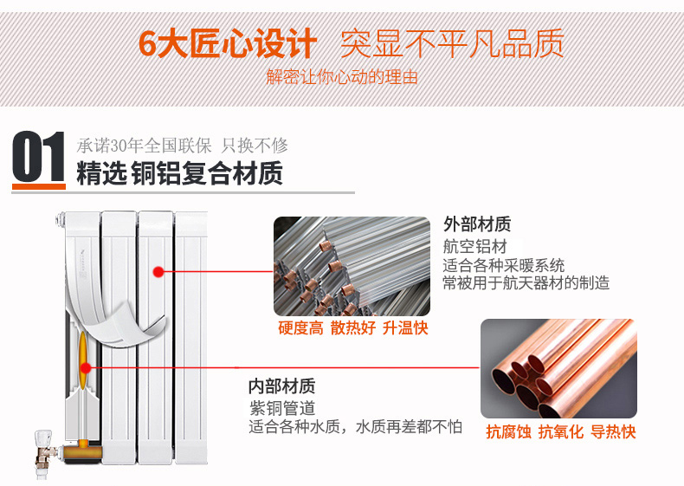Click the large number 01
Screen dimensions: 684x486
(39, 156)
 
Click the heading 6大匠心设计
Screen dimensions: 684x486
(227, 43)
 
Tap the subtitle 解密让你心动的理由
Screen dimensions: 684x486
(342, 77)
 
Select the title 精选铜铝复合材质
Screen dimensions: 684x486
(180, 173)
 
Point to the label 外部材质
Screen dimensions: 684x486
(477, 224)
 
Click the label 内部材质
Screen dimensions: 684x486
(281, 386)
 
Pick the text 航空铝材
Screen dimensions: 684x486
(475, 246)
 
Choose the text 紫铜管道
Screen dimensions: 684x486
(282, 408)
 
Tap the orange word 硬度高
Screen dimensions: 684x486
(301, 328)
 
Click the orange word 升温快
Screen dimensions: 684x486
(405, 328)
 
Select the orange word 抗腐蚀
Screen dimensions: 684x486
(508, 431)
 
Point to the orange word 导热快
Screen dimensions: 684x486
(613, 431)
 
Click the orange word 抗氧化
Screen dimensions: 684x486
(561, 431)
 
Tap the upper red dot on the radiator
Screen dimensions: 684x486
(158, 272)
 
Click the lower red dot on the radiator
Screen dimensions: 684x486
(86, 368)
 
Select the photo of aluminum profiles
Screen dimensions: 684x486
(352, 266)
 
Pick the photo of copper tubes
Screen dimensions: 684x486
(558, 368)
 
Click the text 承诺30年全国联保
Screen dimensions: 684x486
(144, 146)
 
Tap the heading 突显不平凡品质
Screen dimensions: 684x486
(452, 43)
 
